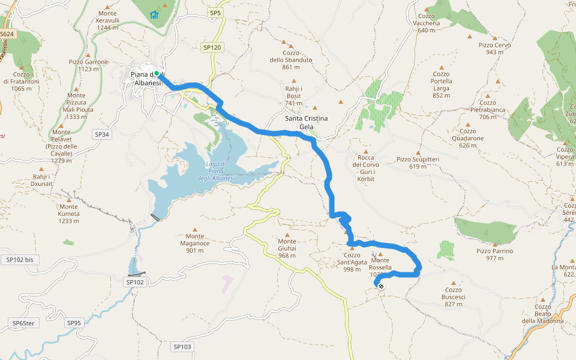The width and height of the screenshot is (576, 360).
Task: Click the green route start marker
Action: click(x=157, y=74)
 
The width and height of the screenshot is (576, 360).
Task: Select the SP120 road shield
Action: click(x=212, y=47)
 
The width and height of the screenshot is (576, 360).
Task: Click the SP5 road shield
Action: click(x=215, y=12)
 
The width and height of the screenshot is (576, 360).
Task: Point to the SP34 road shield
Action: click(x=102, y=134)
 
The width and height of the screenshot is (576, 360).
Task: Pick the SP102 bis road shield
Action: click(x=20, y=260)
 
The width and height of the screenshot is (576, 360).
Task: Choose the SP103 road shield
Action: click(x=182, y=347)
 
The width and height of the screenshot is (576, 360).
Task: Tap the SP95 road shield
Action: click(x=74, y=323)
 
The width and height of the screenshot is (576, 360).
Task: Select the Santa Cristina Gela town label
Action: click(x=307, y=122)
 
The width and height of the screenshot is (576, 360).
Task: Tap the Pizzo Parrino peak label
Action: click(x=494, y=254)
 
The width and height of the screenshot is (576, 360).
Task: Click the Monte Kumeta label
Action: click(x=68, y=217)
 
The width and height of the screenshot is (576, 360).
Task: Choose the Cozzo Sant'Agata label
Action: click(x=352, y=266)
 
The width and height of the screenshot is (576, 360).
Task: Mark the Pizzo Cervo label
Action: click(x=494, y=49)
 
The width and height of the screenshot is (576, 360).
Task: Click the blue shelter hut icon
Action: click(x=154, y=14)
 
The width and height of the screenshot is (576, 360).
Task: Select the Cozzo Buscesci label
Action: click(x=453, y=301)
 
